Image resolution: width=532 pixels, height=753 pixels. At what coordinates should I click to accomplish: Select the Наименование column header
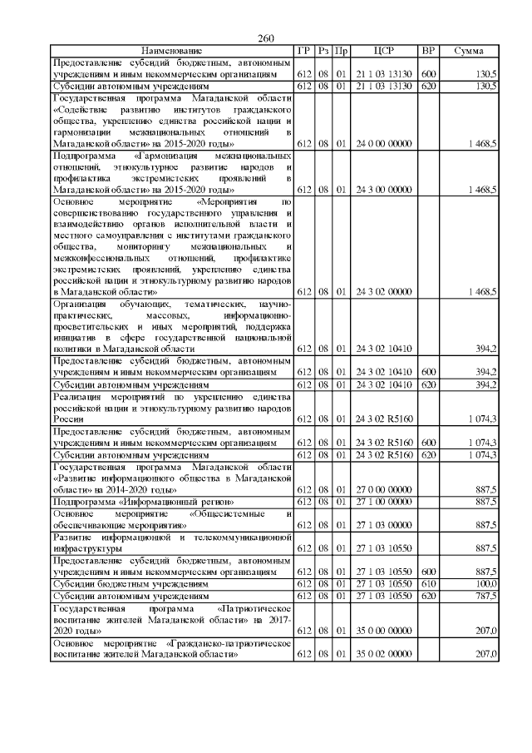point(171,51)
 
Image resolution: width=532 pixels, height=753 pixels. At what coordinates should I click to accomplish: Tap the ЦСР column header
point(384,51)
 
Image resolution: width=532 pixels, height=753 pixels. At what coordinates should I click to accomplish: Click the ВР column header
point(429,51)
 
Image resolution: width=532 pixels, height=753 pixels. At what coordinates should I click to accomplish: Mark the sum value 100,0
point(485,585)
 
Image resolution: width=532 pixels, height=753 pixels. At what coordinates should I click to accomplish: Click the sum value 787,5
point(485,597)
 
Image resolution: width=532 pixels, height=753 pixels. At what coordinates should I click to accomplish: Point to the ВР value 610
point(429,585)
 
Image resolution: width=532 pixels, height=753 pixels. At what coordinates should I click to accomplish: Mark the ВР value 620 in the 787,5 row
point(429,597)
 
